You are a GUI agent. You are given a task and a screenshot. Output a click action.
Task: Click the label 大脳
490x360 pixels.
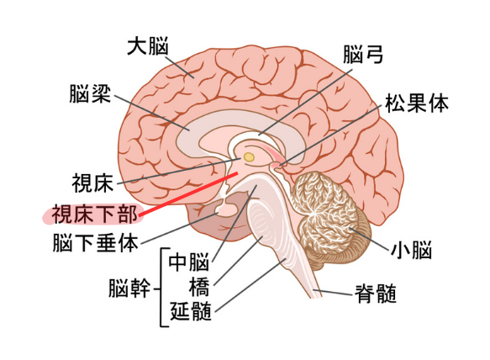coord(147,46)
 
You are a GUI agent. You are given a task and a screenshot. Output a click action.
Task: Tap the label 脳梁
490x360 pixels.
coord(90,93)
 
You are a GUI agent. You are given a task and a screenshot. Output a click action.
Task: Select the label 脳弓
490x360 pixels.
coord(363,54)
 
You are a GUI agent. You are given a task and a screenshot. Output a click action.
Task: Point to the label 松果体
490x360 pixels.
coord(417,103)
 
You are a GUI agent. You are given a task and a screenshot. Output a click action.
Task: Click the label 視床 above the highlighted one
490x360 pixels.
coord(92,183)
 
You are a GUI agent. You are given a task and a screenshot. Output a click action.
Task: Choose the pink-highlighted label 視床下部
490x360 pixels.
coord(94,214)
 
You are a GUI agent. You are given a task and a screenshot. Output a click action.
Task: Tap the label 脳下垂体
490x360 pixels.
coord(95,243)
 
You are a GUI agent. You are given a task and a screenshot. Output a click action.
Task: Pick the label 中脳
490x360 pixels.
coord(189,262)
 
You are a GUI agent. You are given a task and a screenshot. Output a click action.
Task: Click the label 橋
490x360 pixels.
coord(199,287)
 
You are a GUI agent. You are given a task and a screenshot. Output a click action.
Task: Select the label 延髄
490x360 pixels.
coord(191,311)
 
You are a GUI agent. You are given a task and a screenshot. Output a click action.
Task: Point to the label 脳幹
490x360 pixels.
coord(129,288)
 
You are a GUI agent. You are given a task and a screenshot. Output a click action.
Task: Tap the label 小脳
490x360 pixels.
coord(411,249)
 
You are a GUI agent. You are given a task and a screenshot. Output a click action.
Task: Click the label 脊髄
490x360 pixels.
coord(376,294)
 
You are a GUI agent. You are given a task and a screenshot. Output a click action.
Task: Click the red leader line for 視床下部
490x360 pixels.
coord(188,194)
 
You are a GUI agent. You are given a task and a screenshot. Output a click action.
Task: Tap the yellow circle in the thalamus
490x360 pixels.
coord(249,157)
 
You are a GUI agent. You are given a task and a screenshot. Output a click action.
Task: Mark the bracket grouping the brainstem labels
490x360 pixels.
coord(162,288)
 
